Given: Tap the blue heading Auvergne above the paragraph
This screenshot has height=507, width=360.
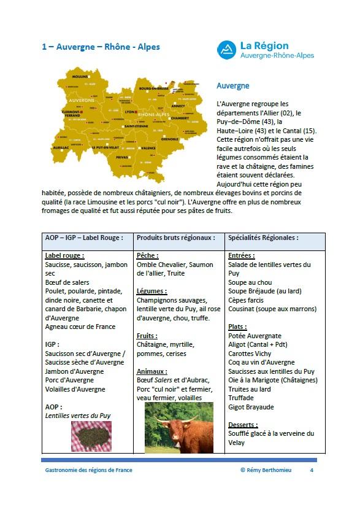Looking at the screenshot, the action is click(233, 87).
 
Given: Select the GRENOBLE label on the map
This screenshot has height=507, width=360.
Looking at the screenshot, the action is click(170, 139).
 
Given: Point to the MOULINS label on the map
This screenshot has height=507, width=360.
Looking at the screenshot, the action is click(80, 77).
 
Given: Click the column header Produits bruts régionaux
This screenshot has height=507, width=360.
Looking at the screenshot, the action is click(175, 238).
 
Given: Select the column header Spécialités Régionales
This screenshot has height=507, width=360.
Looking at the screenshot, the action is click(263, 238).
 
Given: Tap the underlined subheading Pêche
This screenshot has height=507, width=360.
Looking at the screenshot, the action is click(148, 255).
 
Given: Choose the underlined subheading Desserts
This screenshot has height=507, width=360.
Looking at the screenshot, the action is click(243, 425).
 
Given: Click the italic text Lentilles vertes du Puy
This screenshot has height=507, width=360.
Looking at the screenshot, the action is click(78, 416).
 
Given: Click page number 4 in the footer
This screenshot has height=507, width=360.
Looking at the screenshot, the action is click(312, 470).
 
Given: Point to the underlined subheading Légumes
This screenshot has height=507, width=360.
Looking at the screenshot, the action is click(151, 291).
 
